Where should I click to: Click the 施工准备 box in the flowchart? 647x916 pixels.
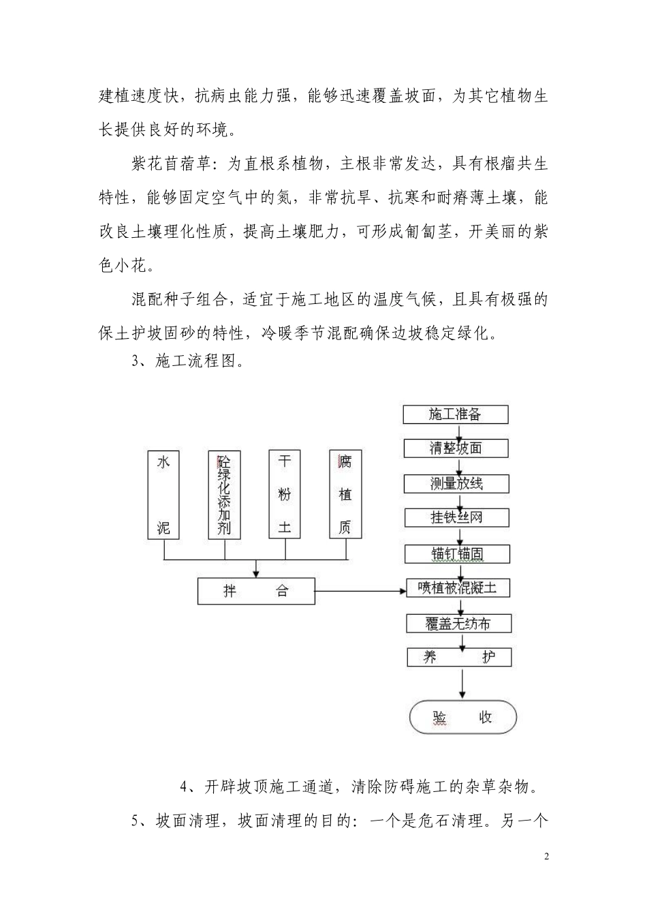(x=456, y=414)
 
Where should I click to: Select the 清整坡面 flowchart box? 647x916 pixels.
(x=456, y=448)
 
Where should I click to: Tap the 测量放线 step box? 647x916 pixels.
(x=456, y=483)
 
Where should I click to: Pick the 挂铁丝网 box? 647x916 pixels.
(x=456, y=517)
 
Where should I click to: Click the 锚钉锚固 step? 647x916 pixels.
(x=457, y=553)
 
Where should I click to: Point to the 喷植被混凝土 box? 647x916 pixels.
(x=457, y=587)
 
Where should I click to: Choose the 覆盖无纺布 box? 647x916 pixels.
(x=458, y=623)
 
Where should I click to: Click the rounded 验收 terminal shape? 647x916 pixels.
(x=462, y=717)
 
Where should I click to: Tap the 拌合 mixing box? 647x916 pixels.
(x=256, y=591)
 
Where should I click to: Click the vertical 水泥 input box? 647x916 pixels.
(x=163, y=494)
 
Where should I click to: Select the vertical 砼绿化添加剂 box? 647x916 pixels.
(x=224, y=494)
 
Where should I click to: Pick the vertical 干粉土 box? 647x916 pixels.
(x=285, y=494)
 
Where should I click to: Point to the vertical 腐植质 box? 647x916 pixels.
(x=345, y=494)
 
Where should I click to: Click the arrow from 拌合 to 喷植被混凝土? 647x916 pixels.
(x=361, y=590)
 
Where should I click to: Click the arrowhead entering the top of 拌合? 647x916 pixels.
(x=256, y=572)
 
